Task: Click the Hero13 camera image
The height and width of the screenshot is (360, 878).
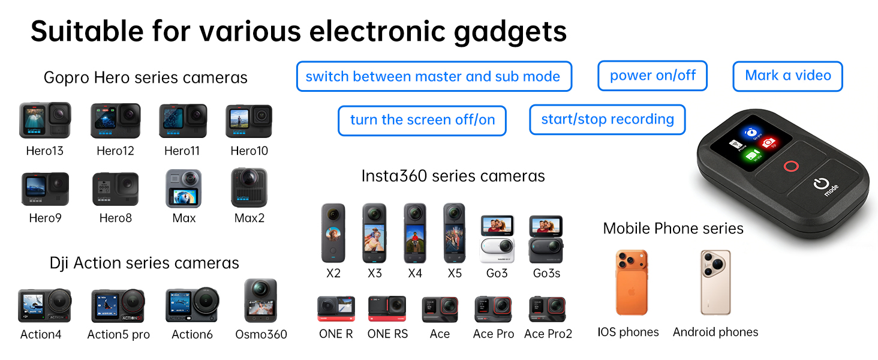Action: click(45, 121)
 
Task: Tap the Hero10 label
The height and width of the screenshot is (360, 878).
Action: click(249, 151)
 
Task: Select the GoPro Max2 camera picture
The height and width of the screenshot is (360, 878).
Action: click(249, 188)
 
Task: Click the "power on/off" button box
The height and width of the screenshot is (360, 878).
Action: click(653, 76)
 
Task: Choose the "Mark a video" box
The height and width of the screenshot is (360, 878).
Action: click(788, 76)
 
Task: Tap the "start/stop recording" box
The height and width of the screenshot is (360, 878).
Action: click(608, 119)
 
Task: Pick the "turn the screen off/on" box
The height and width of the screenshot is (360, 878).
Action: click(422, 121)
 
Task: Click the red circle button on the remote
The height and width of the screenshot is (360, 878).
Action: click(791, 166)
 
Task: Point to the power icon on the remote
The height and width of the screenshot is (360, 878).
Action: click(821, 184)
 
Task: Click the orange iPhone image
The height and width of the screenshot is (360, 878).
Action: click(632, 283)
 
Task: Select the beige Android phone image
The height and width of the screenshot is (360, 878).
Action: click(715, 283)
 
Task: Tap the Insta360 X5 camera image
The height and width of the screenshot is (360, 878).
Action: click(454, 233)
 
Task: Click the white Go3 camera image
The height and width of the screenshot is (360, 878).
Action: click(497, 239)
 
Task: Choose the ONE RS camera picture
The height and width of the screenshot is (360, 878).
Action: click(387, 308)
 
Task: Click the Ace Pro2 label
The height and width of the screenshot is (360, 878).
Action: click(548, 334)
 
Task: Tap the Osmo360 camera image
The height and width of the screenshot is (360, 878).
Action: click(261, 301)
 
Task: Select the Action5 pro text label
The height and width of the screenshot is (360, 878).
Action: click(118, 335)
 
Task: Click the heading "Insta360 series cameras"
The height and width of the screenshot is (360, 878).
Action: click(453, 176)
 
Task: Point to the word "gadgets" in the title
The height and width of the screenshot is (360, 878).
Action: click(510, 32)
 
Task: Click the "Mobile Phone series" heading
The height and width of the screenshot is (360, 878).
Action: click(673, 228)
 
